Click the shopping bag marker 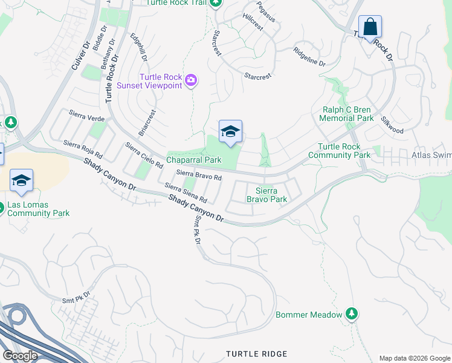click(x=370, y=27)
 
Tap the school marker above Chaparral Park click(x=230, y=132)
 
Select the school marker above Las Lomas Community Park click(x=21, y=181)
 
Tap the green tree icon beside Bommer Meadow click(x=351, y=313)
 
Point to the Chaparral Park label click(x=194, y=160)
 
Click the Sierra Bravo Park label click(x=266, y=194)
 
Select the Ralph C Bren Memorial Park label click(x=346, y=114)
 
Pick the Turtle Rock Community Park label click(x=339, y=151)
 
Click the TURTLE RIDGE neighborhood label click(x=256, y=353)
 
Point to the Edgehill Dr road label click(x=139, y=47)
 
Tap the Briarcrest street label click(x=147, y=123)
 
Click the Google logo click(x=20, y=355)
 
